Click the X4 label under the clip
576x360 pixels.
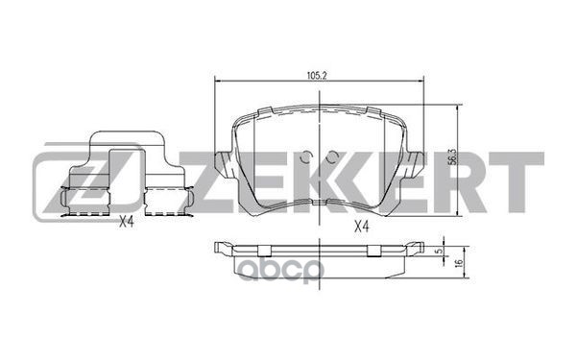125,224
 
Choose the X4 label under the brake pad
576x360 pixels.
362,227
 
